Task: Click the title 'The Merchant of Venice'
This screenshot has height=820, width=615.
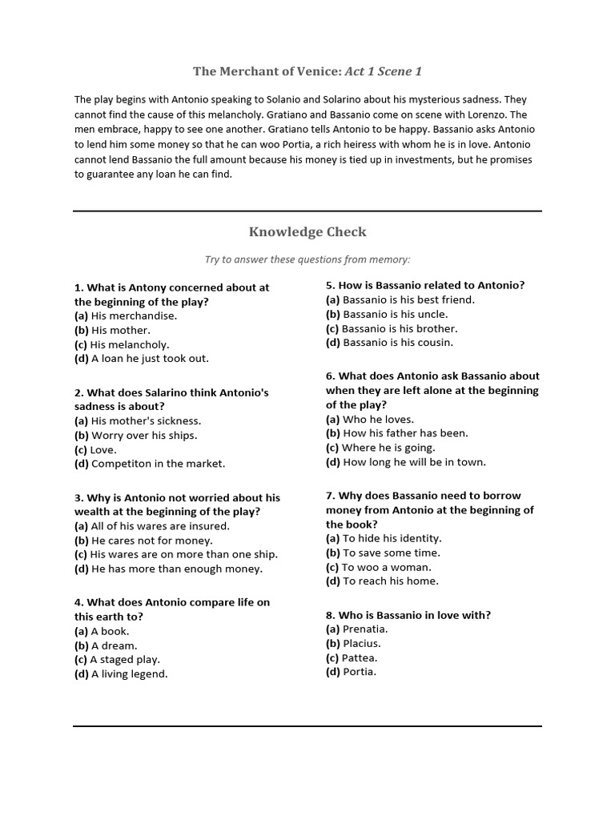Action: click(267, 72)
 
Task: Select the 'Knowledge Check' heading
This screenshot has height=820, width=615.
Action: click(307, 232)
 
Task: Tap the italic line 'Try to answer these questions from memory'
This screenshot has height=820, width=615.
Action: click(307, 259)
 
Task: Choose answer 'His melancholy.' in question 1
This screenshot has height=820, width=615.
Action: click(130, 344)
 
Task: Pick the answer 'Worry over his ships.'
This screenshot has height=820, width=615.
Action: click(143, 436)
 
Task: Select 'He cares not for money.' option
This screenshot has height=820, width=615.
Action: click(152, 541)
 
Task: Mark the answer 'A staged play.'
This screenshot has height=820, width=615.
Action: click(125, 660)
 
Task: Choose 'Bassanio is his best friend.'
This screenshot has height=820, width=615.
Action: click(408, 300)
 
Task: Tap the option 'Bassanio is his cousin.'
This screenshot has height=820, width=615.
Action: click(398, 343)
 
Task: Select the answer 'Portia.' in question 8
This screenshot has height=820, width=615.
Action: click(360, 672)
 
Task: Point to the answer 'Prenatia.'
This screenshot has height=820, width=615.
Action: click(365, 629)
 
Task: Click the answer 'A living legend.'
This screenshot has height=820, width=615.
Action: click(130, 674)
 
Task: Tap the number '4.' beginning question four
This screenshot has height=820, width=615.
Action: click(79, 602)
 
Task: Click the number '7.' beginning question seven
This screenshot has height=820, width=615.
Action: click(331, 496)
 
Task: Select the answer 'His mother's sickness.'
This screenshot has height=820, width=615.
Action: click(146, 421)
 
